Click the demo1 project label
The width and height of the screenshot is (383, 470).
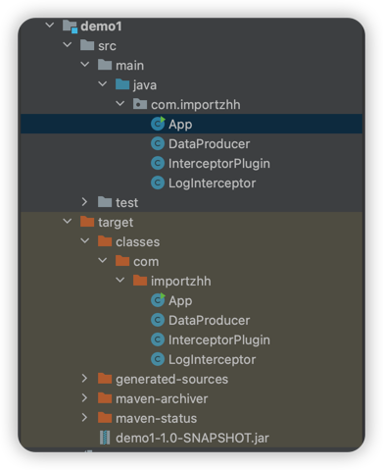pyautogui.click(x=101, y=26)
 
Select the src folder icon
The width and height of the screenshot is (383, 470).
pyautogui.click(x=87, y=45)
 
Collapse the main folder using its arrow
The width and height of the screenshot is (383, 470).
pyautogui.click(x=85, y=65)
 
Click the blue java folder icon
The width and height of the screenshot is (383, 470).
pyautogui.click(x=122, y=84)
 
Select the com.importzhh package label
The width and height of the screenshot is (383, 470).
pyautogui.click(x=195, y=105)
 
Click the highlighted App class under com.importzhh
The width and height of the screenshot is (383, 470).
pyautogui.click(x=180, y=125)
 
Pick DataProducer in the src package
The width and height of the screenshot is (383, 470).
pyautogui.click(x=209, y=144)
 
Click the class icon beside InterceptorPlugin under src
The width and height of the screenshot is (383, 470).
pyautogui.click(x=158, y=163)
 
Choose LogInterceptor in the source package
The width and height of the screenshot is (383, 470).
pyautogui.click(x=212, y=183)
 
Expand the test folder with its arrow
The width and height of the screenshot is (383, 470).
pyautogui.click(x=84, y=202)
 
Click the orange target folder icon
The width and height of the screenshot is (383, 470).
pyautogui.click(x=87, y=222)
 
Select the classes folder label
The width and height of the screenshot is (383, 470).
pyautogui.click(x=137, y=242)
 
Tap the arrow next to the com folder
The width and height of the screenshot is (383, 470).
pyautogui.click(x=103, y=260)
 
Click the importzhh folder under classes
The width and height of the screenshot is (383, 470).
pyautogui.click(x=180, y=282)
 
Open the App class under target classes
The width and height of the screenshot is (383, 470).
pyautogui.click(x=180, y=301)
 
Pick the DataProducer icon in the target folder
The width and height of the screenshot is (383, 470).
pyautogui.click(x=158, y=320)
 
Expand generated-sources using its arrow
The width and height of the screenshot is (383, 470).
pyautogui.click(x=84, y=379)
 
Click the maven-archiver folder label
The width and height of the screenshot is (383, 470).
pyautogui.click(x=162, y=399)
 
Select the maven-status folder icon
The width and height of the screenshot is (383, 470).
pyautogui.click(x=105, y=418)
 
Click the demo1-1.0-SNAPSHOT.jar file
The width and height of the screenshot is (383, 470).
pyautogui.click(x=192, y=438)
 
